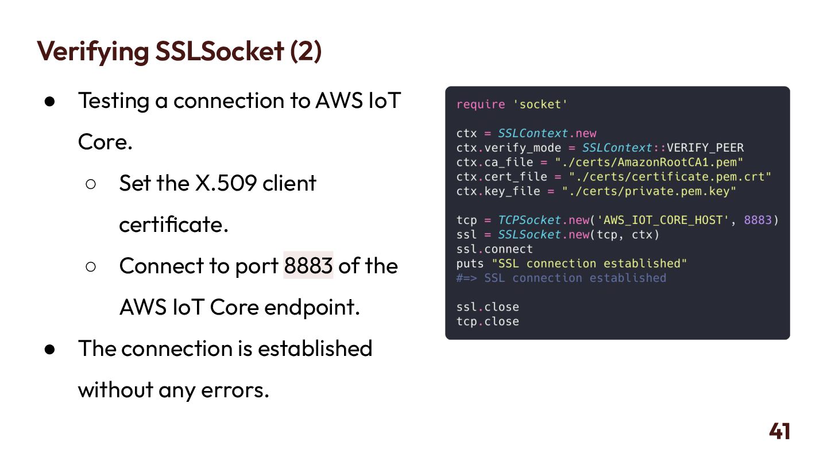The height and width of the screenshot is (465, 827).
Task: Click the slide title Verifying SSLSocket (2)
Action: [x=179, y=51]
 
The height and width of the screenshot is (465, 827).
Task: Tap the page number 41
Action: [x=779, y=432]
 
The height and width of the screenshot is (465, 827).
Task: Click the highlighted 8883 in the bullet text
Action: [x=308, y=266]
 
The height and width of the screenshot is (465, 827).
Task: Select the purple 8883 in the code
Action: [x=758, y=220]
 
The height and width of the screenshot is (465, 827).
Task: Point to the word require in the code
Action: [x=481, y=104]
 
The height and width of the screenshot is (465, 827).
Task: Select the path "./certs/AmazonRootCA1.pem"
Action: [x=649, y=162]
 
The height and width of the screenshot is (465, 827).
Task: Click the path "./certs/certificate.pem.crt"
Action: [x=670, y=177]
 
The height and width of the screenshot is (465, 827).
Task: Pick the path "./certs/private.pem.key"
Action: [x=649, y=191]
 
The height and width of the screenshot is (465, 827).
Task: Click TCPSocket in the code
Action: [x=529, y=220]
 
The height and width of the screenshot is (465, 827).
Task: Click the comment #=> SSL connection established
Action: [x=561, y=278]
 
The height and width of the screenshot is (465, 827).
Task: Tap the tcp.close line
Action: [x=488, y=321]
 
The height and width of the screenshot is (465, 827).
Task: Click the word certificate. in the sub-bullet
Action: [x=173, y=224]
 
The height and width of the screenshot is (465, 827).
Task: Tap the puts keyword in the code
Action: [x=470, y=263]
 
